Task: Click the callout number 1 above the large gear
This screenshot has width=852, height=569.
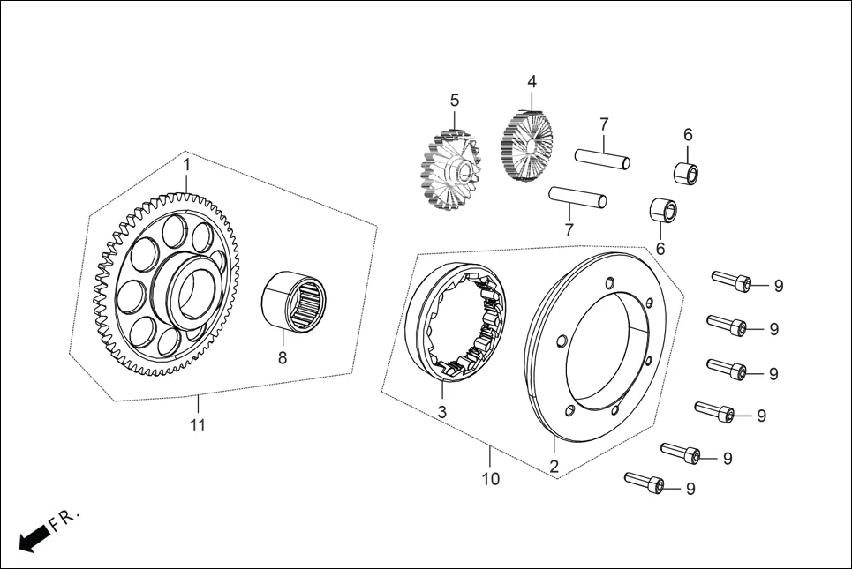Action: (x=186, y=165)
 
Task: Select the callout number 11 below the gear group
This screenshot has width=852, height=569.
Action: (x=198, y=425)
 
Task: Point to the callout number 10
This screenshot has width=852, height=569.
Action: (x=491, y=478)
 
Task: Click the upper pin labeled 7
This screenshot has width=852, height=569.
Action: (x=602, y=160)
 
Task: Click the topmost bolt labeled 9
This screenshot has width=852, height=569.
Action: (x=732, y=281)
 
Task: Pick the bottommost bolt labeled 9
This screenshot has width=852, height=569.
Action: (x=645, y=483)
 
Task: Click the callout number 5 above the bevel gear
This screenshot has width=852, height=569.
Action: (x=455, y=101)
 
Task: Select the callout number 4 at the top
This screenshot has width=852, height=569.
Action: (x=532, y=81)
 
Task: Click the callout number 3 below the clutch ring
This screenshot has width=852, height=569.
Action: (x=442, y=412)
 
